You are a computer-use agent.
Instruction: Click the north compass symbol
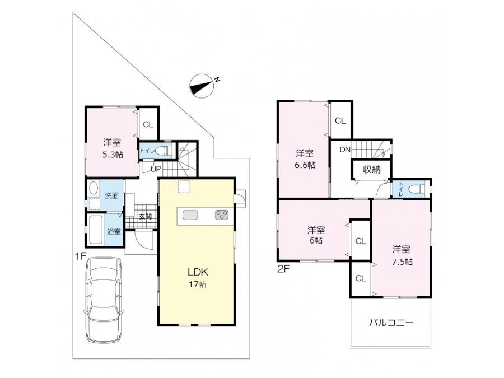202,86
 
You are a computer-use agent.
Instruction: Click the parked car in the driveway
104,300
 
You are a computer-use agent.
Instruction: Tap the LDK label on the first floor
198,272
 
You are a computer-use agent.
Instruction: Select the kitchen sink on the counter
190,215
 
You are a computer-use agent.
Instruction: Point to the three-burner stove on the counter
222,215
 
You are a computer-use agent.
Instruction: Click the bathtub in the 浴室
95,230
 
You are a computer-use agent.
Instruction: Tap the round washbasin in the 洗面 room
93,188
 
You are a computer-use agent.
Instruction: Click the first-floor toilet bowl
165,151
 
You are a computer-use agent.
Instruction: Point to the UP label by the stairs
156,169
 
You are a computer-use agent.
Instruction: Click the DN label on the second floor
345,150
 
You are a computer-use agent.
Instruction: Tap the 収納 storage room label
372,169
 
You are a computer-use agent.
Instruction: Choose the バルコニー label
391,323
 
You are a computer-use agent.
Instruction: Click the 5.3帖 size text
113,155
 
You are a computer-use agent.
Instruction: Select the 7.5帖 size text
402,262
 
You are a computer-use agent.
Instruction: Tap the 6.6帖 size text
305,165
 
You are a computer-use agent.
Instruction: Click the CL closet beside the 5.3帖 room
148,124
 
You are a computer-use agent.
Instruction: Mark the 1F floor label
81,256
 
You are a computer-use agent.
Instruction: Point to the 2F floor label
283,268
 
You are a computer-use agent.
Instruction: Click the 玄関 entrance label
145,216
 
